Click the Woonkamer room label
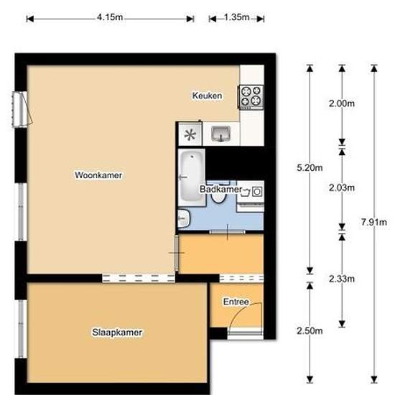tap(98, 175)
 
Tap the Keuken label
tap(207, 96)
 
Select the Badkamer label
tap(220, 189)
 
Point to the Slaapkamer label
tap(117, 333)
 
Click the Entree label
tap(236, 302)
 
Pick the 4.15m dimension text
tap(110, 17)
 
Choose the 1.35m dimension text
tap(236, 17)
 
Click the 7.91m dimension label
tap(374, 222)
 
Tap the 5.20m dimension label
tap(310, 167)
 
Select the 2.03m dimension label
tap(342, 187)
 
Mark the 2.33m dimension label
tap(342, 279)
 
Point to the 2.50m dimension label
tap(310, 331)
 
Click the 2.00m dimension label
tap(342, 103)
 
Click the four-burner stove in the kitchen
tap(251, 97)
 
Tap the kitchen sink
tap(221, 134)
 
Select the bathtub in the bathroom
tap(192, 177)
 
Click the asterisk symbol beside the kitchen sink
tap(190, 135)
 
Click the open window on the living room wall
tap(23, 109)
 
